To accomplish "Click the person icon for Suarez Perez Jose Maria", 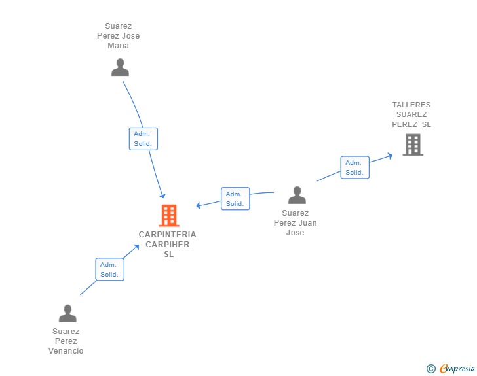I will (120, 67).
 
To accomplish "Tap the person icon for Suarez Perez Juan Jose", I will (297, 196).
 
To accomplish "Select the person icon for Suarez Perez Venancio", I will (67, 314).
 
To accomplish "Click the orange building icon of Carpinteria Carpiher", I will (168, 215).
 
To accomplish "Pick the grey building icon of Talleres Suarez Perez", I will (413, 145).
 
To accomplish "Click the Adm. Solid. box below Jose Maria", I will (143, 139).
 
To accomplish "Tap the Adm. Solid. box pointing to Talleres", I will (354, 167).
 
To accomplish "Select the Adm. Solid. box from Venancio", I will (109, 269).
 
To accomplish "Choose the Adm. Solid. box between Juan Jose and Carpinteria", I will (235, 199).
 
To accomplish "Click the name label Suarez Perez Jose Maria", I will (119, 36).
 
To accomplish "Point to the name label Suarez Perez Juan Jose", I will (295, 223).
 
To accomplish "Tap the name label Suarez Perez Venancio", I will (66, 341).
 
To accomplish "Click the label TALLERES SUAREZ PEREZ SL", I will (411, 114).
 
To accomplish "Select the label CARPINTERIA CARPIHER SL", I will (167, 244).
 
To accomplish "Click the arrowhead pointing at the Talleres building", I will (389, 155).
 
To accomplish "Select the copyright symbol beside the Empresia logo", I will (431, 369).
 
